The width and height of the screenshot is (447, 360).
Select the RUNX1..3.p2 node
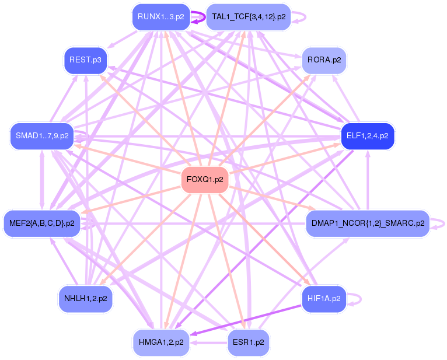click(160, 17)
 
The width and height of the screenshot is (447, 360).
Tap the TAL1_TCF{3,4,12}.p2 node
click(249, 17)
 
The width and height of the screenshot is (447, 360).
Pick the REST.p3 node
click(85, 60)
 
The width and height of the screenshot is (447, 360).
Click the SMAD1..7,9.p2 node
click(40, 136)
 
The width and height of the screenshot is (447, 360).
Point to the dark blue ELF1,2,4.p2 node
click(368, 137)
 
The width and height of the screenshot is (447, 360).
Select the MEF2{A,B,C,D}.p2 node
click(42, 223)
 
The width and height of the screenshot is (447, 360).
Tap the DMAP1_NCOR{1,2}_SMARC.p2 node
click(368, 223)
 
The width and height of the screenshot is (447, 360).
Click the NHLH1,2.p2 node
click(85, 299)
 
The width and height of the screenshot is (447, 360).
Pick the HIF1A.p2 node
click(324, 299)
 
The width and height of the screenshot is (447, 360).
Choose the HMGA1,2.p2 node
click(161, 342)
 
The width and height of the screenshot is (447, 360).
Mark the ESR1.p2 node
click(248, 342)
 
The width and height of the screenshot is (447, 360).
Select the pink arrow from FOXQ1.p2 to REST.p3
click(146, 120)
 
